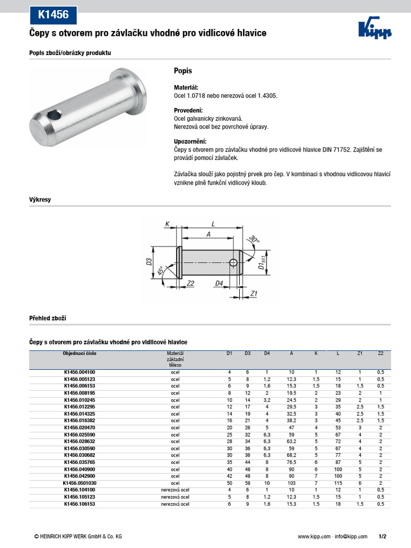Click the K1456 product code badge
53,14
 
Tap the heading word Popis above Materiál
183,71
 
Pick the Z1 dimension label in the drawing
254,293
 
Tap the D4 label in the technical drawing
219,283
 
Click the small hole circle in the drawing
233,262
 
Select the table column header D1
229,353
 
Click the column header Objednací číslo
79,353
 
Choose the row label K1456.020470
79,428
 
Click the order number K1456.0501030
79,483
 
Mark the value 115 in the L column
338,483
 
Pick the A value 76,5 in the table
291,462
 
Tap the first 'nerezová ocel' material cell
175,490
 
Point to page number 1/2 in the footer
382,536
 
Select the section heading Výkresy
40,200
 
